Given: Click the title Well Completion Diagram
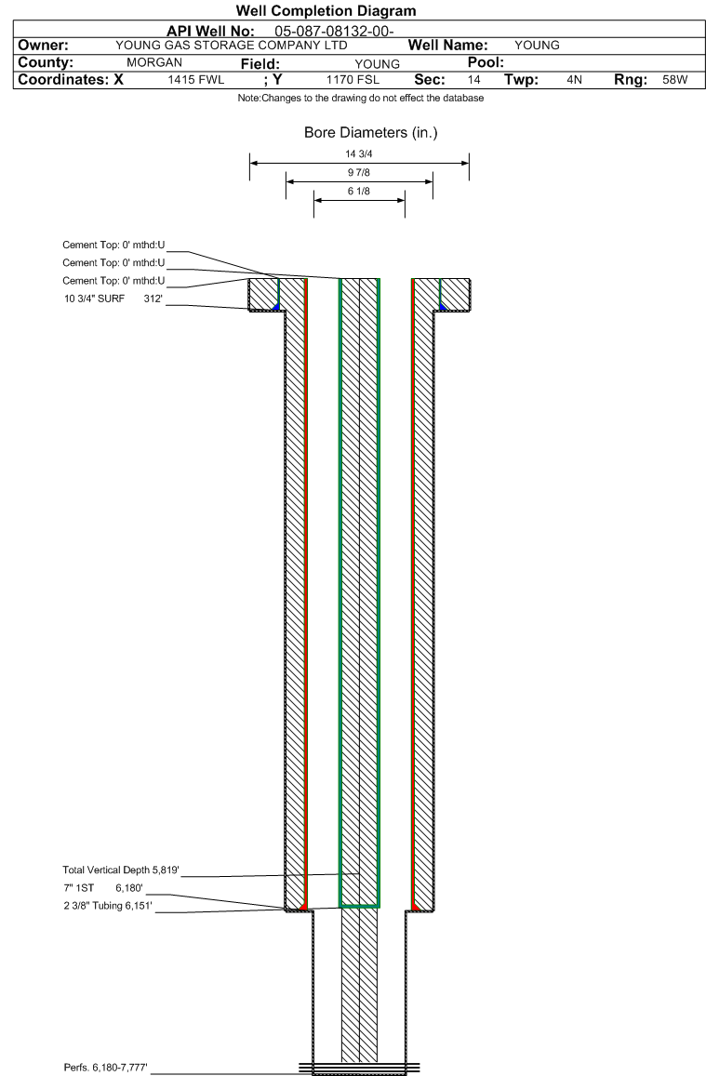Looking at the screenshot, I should click(326, 11).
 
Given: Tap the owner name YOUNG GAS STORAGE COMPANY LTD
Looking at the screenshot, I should click(231, 46).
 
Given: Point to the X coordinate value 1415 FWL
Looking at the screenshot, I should click(196, 80).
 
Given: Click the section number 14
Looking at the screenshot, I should click(474, 80).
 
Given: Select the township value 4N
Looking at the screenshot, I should click(574, 80).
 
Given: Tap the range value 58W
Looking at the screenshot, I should click(675, 80).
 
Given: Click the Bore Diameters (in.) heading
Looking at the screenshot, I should click(370, 133).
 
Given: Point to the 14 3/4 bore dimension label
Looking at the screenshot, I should click(359, 154).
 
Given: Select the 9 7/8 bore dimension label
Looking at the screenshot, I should click(359, 172).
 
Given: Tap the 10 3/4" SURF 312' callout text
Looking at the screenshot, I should click(113, 299).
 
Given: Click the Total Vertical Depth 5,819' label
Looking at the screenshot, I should click(120, 870).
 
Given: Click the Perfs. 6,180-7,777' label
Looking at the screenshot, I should click(108, 1066).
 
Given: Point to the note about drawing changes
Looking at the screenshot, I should click(361, 99).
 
